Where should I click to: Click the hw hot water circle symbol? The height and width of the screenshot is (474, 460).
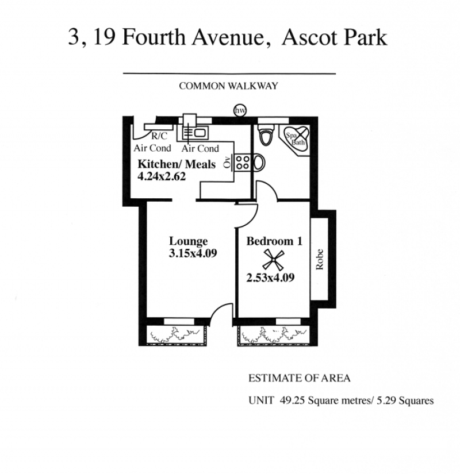pyautogui.click(x=240, y=110)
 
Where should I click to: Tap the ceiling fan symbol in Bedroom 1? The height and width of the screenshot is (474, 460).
pyautogui.click(x=273, y=259)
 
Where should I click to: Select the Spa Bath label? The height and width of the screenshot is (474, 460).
pyautogui.click(x=296, y=139)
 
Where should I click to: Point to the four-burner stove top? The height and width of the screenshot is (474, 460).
pyautogui.click(x=242, y=162)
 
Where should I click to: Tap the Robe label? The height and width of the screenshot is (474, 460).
pyautogui.click(x=320, y=259)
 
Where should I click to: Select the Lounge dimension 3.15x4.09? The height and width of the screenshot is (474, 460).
pyautogui.click(x=193, y=253)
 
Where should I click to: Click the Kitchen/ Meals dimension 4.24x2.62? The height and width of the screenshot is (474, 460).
pyautogui.click(x=162, y=176)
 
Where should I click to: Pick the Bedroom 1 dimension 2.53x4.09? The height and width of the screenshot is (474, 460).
pyautogui.click(x=270, y=278)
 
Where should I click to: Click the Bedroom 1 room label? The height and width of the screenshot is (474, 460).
pyautogui.click(x=274, y=241)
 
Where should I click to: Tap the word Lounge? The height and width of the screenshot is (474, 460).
pyautogui.click(x=188, y=241)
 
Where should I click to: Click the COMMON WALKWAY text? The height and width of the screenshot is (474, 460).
pyautogui.click(x=228, y=86)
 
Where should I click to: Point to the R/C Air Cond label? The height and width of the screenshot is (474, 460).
pyautogui.click(x=152, y=142)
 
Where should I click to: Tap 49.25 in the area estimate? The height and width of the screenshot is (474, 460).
pyautogui.click(x=292, y=400)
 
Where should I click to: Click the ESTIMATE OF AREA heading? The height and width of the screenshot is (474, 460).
pyautogui.click(x=300, y=378)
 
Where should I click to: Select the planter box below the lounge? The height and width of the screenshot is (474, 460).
pyautogui.click(x=175, y=334)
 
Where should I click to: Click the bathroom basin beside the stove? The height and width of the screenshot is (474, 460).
pyautogui.click(x=259, y=163)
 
